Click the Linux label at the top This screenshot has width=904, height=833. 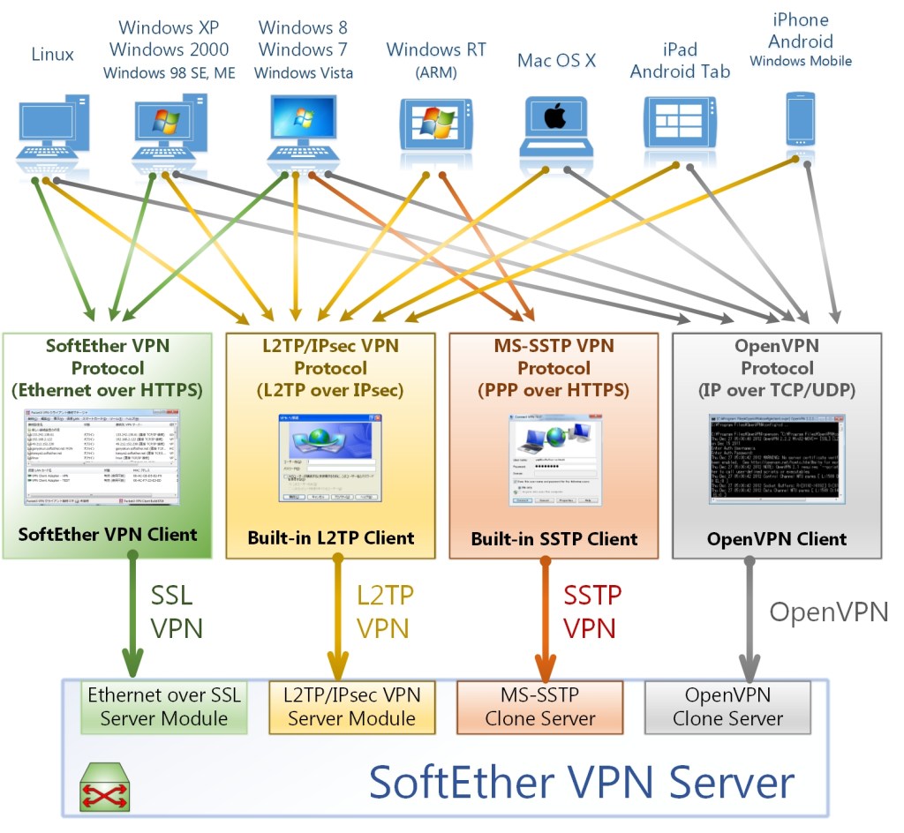pos(52,55)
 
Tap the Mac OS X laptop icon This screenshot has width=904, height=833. pos(554,124)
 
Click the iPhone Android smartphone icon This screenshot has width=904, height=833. pos(799,121)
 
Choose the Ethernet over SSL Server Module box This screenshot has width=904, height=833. pos(163,707)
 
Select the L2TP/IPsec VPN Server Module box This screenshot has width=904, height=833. pos(351,707)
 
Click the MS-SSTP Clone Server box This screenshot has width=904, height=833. pos(539,707)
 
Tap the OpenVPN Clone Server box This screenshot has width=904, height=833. pos(727,707)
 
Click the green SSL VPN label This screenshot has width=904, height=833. pos(175,612)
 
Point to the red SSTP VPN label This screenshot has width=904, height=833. pos(591,612)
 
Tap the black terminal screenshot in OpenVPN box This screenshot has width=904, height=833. pos(777,459)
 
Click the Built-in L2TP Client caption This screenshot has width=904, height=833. pos(330,537)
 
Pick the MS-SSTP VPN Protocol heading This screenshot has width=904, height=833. pos(554,366)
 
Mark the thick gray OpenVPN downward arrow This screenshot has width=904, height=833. pos(750,618)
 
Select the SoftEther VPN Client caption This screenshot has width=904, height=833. pos(107,534)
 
